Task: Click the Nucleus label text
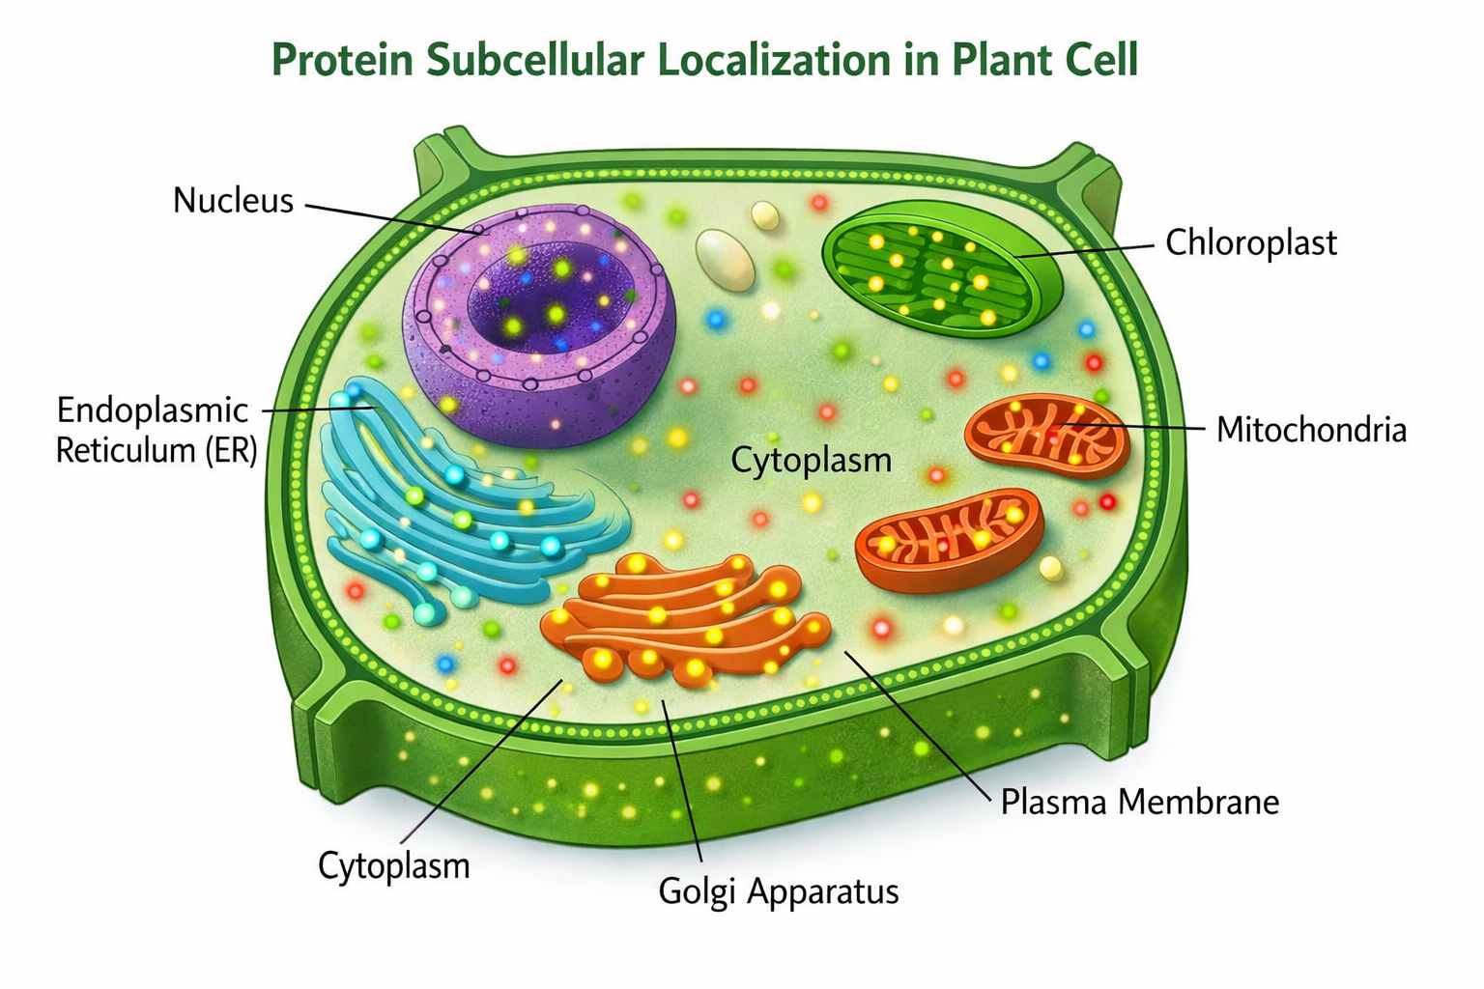(233, 200)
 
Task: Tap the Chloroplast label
(1250, 242)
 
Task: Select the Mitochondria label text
(1311, 429)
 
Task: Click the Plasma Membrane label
(1139, 802)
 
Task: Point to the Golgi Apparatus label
(778, 890)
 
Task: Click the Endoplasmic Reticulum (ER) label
(155, 430)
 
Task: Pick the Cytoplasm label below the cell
(393, 865)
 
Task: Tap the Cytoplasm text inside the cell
(811, 460)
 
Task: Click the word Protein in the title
(342, 60)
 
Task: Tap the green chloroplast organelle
(942, 270)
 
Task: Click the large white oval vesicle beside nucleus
(725, 259)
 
